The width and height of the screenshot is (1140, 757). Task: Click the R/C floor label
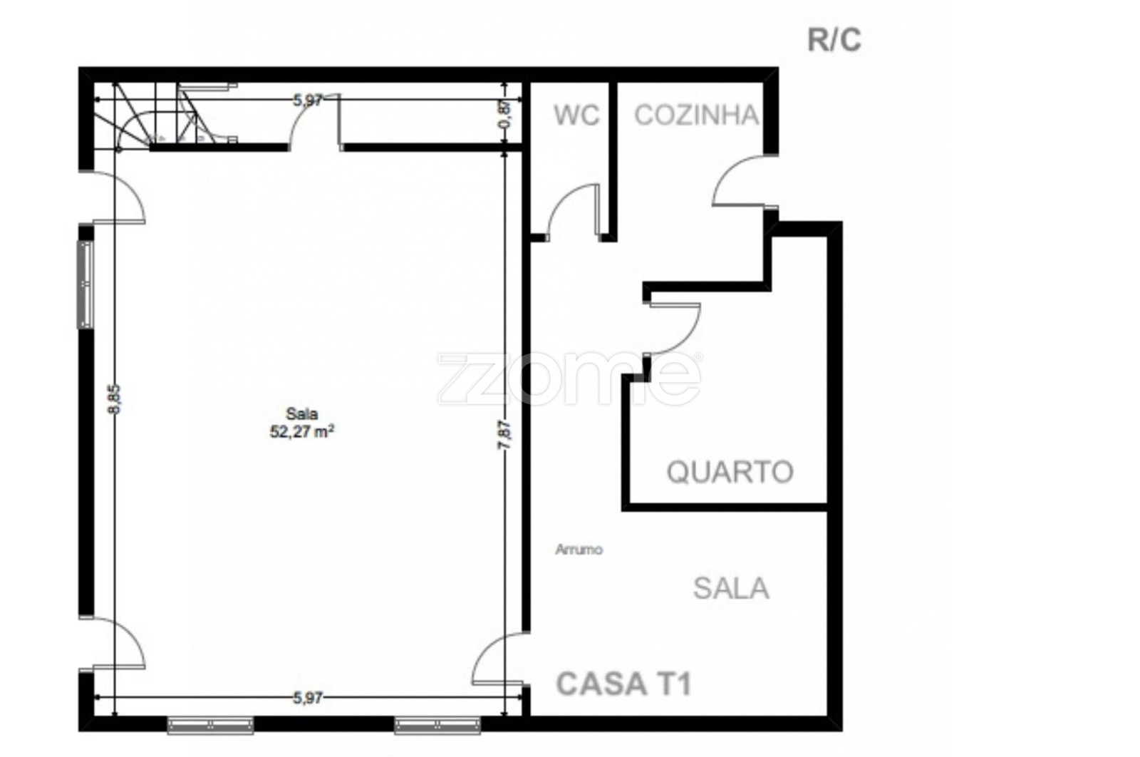834,40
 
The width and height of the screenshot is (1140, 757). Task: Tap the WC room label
576,115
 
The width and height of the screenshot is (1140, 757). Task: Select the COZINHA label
696,115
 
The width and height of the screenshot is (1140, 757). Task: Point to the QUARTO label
730,472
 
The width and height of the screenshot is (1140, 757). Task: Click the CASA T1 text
624,684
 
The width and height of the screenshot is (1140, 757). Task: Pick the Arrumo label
579,550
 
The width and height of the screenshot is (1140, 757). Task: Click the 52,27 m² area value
302,432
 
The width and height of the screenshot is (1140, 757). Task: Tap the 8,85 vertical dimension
116,399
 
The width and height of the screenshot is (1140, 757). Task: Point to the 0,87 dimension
505,115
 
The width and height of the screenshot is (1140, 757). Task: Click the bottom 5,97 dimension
307,697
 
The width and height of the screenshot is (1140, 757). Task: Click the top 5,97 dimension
307,101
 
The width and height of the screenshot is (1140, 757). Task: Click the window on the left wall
85,284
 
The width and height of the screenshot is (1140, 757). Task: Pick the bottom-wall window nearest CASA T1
437,725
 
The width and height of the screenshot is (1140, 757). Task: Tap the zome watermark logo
569,378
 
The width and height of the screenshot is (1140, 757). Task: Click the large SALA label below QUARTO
731,589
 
